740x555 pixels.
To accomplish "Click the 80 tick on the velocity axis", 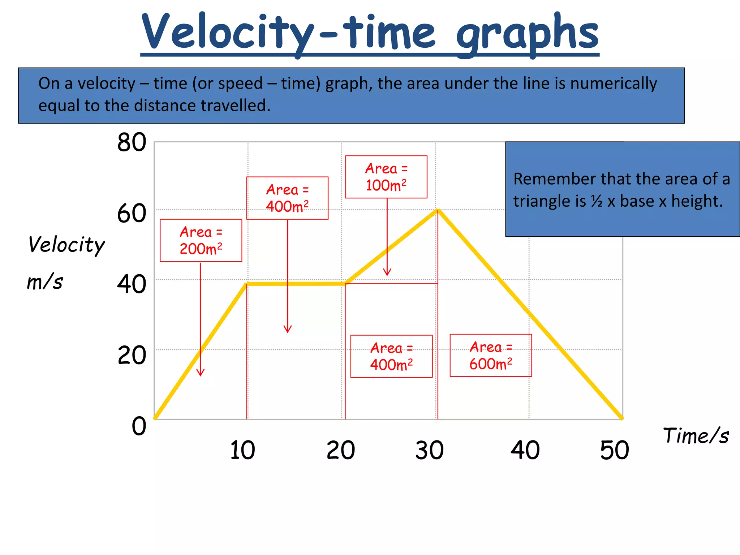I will point(132,142).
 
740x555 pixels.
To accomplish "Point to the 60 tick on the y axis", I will point(132,214).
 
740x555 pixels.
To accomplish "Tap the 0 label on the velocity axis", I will point(139,426).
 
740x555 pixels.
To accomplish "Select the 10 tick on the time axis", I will point(242,450).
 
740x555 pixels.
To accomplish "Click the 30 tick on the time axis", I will point(429,450).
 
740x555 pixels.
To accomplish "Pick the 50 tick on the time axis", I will point(614,450).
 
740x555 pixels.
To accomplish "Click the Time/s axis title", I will point(696,435).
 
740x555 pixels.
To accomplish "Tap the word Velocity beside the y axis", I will point(66,245).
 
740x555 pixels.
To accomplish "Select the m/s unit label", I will point(45,282).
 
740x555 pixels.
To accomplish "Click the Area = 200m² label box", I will point(201,240).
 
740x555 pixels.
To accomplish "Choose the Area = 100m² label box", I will point(386,177).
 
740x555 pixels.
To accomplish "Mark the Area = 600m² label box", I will point(490,356).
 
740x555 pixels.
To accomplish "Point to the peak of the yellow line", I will point(438,210).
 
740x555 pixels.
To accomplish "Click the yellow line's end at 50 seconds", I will point(621,418).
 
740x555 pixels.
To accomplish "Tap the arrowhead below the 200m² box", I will point(201,374).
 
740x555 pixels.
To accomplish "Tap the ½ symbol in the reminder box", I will point(597,201).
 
